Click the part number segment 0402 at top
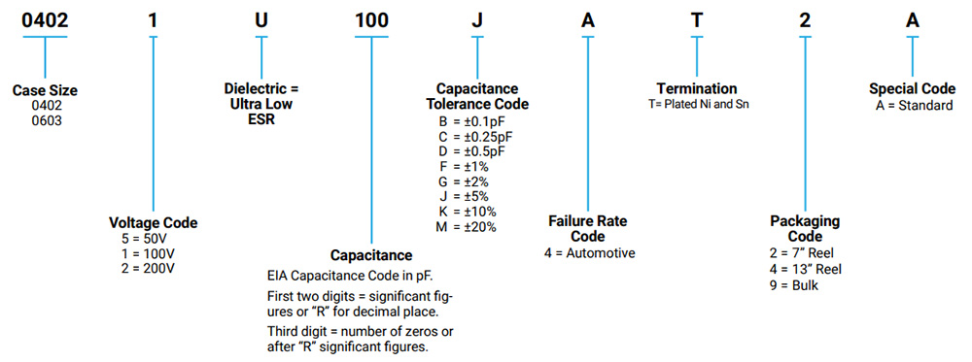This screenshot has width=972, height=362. pos(45,16)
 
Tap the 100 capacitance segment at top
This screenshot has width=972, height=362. pos(372,16)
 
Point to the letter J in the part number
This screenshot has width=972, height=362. pos(476,16)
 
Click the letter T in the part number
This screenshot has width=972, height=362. pos(696,16)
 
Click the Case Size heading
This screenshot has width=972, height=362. pos(45,90)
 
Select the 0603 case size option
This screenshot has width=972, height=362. pos(45,120)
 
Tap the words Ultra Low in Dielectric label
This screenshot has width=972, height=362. pos(259,104)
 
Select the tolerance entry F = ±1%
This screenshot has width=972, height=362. pos(464,166)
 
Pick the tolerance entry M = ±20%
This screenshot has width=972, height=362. pos(468,226)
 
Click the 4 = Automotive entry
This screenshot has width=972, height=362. pos(589,253)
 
